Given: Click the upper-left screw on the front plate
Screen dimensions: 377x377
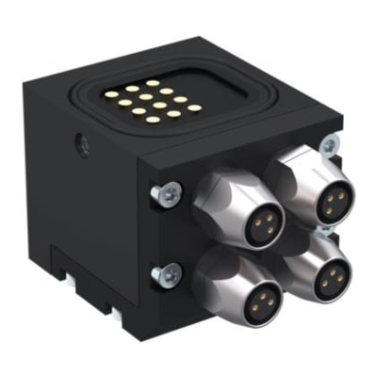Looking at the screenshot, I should coord(165,193).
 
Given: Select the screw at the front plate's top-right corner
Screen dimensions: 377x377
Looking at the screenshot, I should coord(329,146).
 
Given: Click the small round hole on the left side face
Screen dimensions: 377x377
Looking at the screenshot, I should coord(83,147).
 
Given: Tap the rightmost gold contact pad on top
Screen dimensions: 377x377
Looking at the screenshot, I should coord(193,107).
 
